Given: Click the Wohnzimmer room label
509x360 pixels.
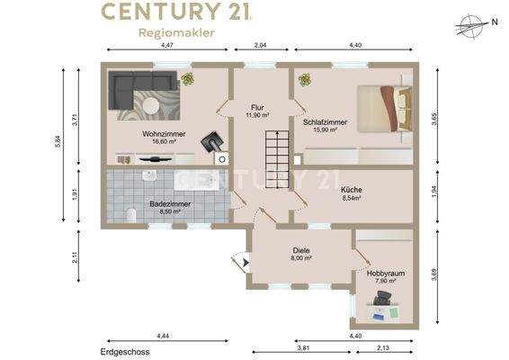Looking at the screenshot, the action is pyautogui.click(x=164, y=134).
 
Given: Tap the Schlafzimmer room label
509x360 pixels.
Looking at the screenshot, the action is pyautogui.click(x=325, y=122).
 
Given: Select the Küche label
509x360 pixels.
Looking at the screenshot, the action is pyautogui.click(x=352, y=190).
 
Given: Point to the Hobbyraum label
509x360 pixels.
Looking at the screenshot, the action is pyautogui.click(x=386, y=274).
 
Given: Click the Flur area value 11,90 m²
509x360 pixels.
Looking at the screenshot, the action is pyautogui.click(x=257, y=114).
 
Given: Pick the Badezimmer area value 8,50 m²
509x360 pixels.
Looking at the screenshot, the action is pyautogui.click(x=170, y=211).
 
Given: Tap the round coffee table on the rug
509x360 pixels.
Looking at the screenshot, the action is pyautogui.click(x=151, y=105).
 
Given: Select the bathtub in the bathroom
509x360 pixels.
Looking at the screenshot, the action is pyautogui.click(x=197, y=179).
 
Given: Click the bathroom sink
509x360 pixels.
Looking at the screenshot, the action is pyautogui.click(x=149, y=175).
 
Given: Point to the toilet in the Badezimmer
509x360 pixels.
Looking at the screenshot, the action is pyautogui.click(x=130, y=215).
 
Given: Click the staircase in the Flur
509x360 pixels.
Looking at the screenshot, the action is pyautogui.click(x=277, y=159).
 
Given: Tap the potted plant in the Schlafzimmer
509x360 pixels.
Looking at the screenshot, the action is pyautogui.click(x=305, y=79).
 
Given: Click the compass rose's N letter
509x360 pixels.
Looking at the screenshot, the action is pyautogui.click(x=495, y=22).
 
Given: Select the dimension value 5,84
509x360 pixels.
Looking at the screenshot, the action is pyautogui.click(x=58, y=141).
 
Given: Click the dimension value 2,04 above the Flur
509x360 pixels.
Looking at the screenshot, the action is pyautogui.click(x=260, y=45).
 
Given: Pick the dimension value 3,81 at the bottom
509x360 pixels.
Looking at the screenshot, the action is pyautogui.click(x=303, y=347).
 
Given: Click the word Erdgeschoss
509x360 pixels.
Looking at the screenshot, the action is pyautogui.click(x=125, y=352).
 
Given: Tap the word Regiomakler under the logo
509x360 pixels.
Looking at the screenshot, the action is pyautogui.click(x=176, y=32).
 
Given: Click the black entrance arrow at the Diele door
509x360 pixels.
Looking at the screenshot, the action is pyautogui.click(x=246, y=263).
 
